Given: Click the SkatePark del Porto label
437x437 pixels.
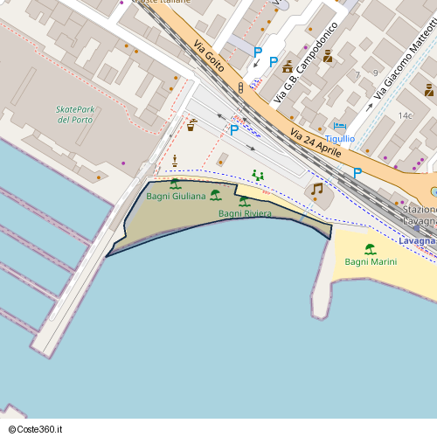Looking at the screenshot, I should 74,114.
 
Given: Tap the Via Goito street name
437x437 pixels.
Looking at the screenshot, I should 209,56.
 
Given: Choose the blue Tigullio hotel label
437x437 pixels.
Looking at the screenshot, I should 340,138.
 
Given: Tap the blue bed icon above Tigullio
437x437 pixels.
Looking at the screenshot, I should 339,126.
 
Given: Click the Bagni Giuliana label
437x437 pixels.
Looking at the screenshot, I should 176,196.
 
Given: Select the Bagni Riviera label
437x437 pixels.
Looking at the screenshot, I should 245,213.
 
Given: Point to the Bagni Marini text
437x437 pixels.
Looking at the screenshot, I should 371,262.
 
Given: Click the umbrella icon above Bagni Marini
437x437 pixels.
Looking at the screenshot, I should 370,249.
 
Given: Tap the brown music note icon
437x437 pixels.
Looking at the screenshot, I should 316,189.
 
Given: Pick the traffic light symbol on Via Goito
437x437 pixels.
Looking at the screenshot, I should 239,88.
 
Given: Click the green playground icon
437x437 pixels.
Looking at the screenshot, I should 258,176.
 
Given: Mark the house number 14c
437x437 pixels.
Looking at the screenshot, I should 405,115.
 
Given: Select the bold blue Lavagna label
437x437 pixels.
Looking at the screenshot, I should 416,240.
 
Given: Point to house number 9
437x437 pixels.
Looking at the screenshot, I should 375,73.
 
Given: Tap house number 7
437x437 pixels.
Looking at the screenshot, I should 357,75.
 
